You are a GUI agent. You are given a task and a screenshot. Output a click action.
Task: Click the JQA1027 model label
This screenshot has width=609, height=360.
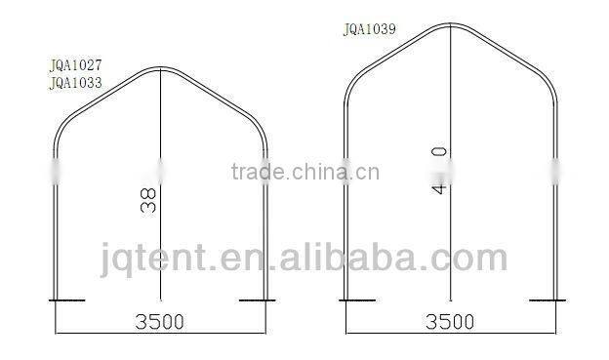75,67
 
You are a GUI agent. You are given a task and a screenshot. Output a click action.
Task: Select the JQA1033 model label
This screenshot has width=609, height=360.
75,83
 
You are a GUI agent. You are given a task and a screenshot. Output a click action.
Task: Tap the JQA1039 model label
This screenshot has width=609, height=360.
369,29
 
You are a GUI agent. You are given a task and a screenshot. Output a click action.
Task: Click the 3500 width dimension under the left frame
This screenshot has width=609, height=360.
159,320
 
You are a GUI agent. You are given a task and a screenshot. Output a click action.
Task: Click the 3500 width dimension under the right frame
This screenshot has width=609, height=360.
450,320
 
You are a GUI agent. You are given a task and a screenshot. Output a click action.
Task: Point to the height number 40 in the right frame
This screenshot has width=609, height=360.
439,170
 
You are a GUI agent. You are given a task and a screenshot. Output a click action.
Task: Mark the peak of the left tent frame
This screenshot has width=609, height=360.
162,70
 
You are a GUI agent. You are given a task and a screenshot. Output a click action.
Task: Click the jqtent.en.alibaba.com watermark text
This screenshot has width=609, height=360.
304,258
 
